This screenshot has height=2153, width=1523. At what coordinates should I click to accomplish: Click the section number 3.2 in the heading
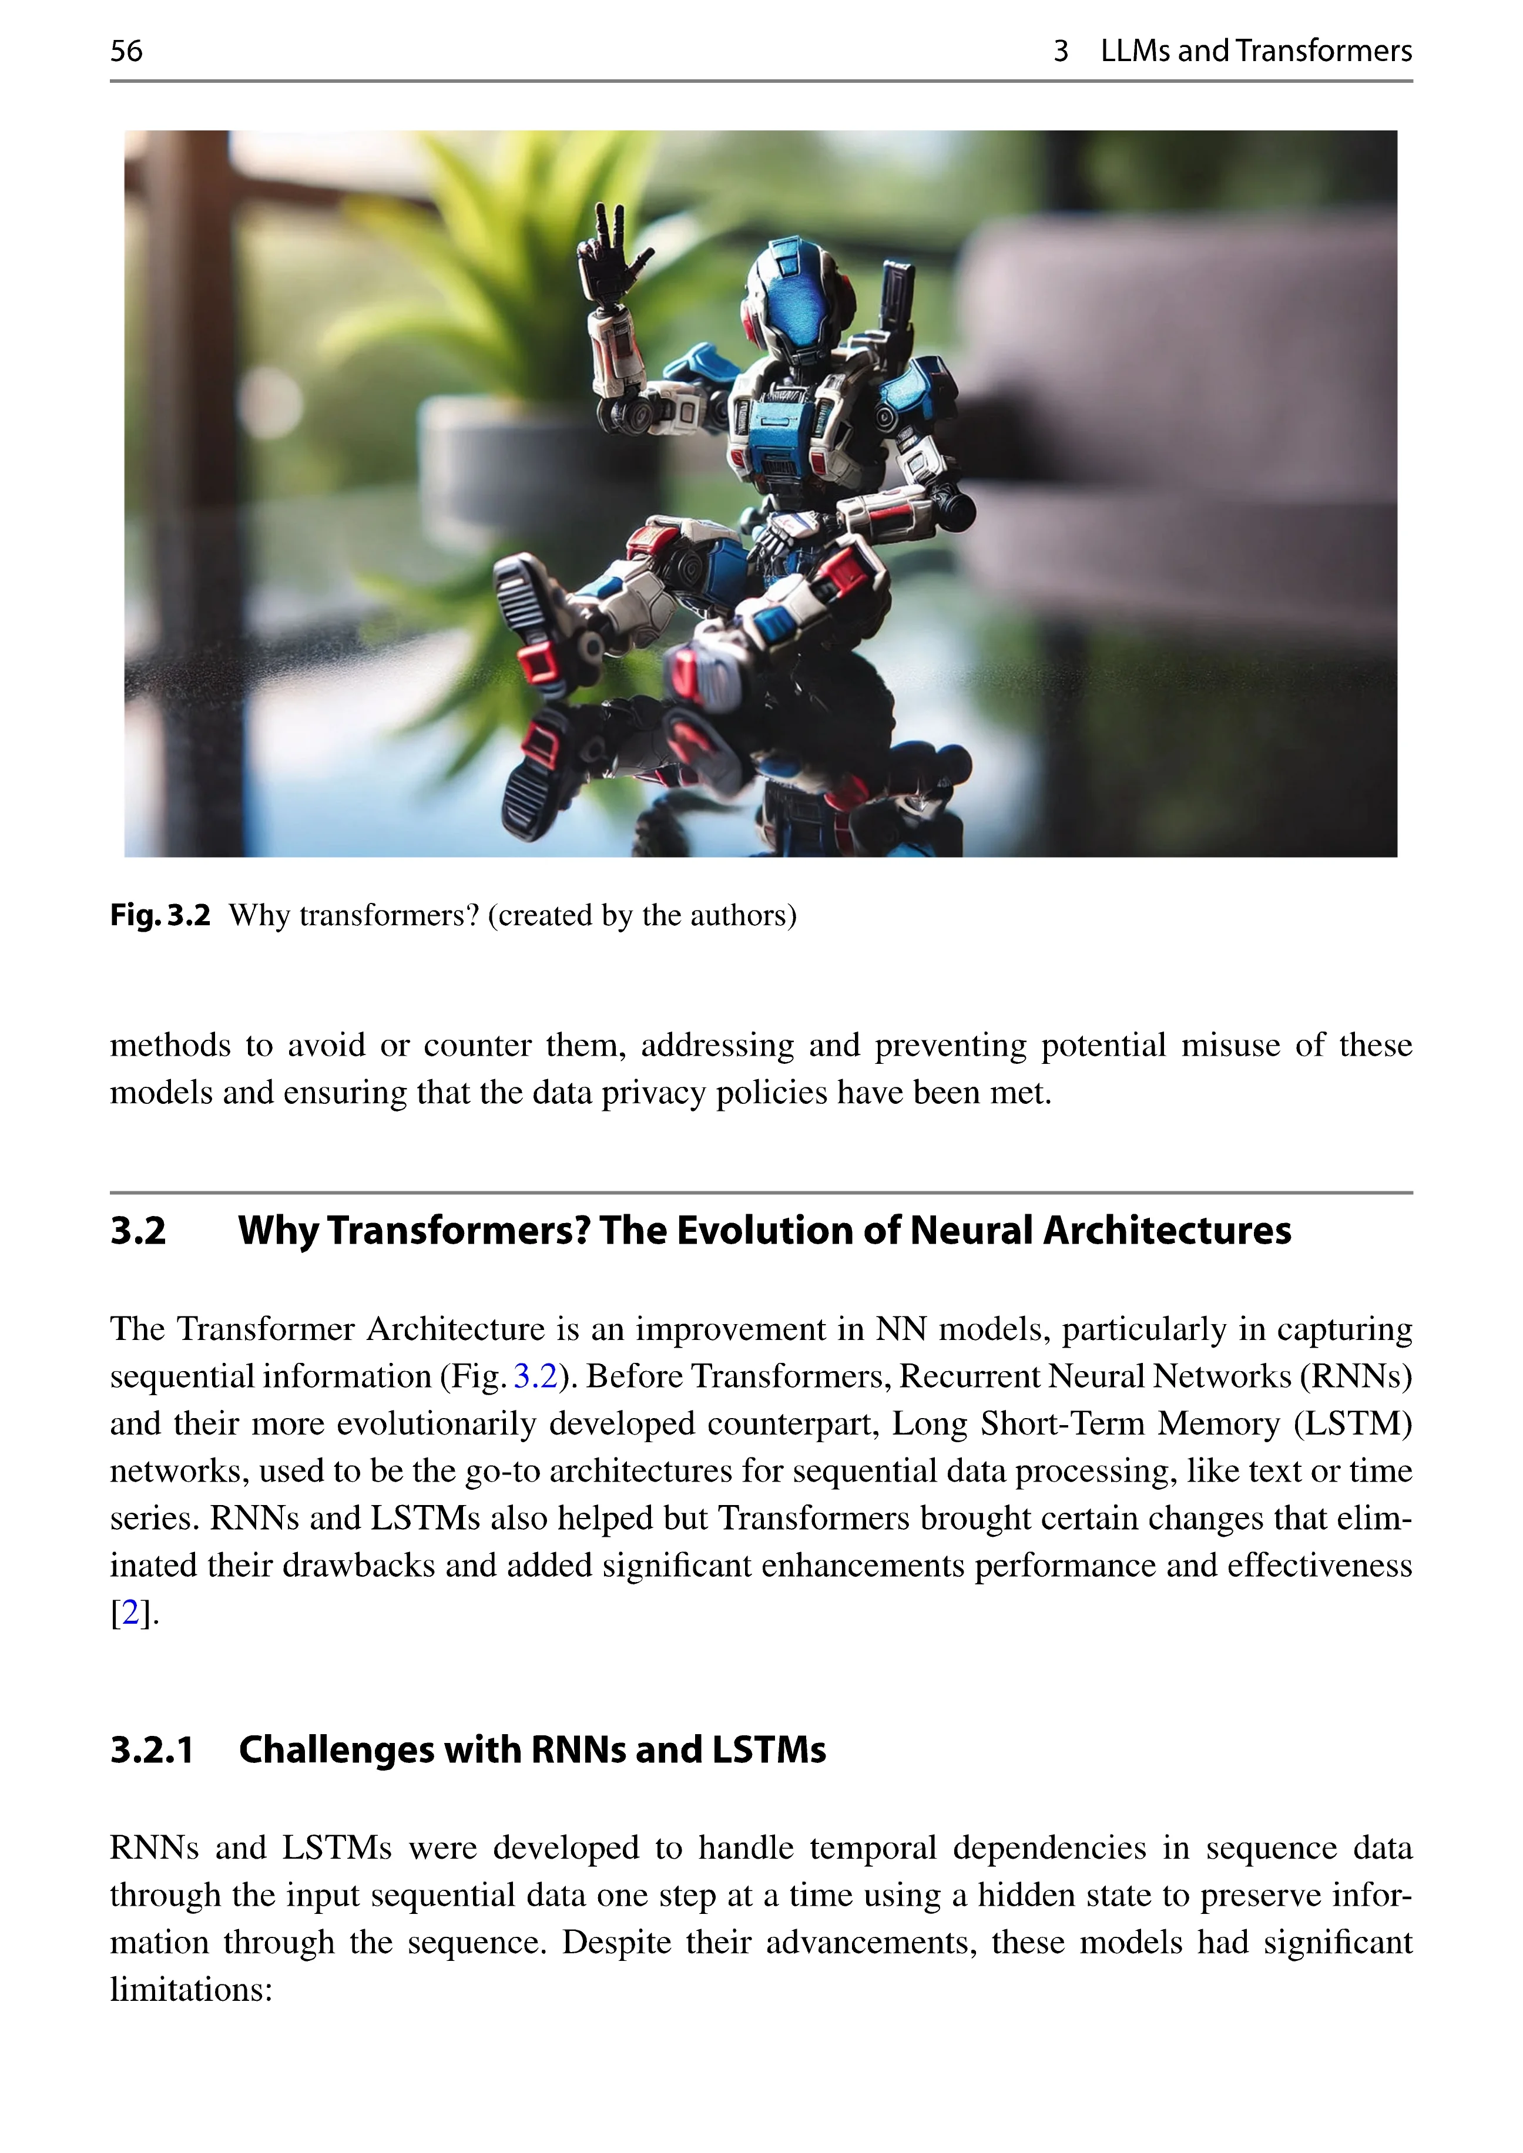tap(138, 1231)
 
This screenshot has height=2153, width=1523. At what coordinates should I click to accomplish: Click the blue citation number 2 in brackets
tap(130, 1613)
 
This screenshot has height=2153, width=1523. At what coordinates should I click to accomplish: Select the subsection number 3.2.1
tap(152, 1751)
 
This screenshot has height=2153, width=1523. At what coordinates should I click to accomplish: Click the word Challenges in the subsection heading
tap(336, 1751)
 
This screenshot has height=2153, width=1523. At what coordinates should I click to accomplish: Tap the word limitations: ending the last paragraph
tap(192, 1989)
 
